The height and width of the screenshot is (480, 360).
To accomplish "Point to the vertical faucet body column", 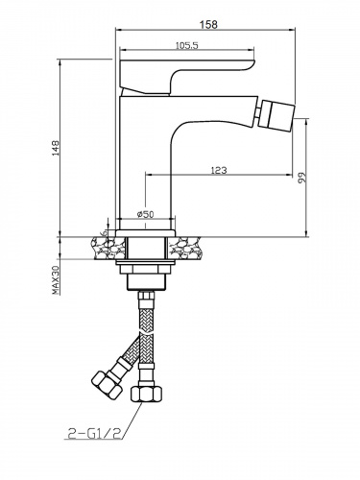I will [143, 163].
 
